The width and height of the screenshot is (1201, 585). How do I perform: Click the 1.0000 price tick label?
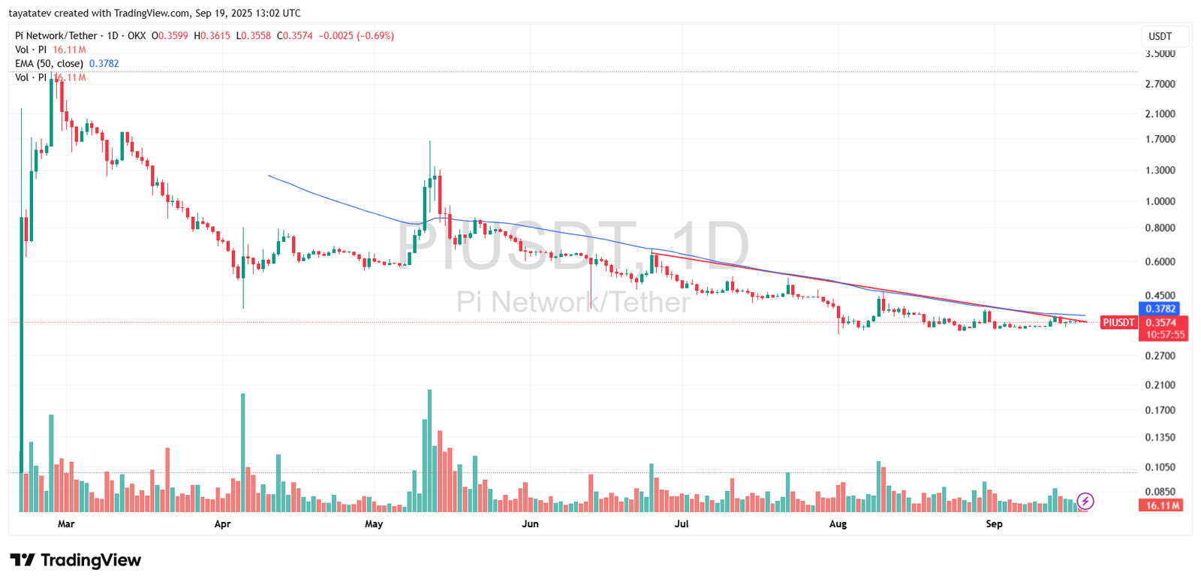coord(1160,201)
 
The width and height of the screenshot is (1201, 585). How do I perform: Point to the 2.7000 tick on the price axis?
coord(1160,84)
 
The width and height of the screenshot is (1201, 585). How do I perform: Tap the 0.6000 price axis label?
coord(1160,262)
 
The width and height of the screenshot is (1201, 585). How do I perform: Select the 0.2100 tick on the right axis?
coord(1160,385)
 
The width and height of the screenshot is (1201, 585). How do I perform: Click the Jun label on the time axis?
coord(530,524)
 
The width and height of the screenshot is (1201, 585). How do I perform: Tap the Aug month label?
coord(838,524)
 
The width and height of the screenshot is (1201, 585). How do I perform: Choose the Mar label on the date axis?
coord(66,524)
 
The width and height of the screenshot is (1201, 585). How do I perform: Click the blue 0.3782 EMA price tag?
coord(1160,309)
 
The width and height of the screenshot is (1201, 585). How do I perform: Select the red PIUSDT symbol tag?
coord(1118,323)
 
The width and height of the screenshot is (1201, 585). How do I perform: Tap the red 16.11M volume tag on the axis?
coord(1162,505)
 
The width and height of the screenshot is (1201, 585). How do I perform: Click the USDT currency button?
coord(1160,36)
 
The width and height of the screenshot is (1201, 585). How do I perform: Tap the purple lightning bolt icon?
coord(1085,501)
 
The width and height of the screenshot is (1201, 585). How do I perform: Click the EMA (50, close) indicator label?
coord(49,64)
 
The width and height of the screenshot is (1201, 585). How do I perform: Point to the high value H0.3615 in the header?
coord(212,35)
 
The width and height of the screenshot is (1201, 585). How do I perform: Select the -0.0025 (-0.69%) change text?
coord(356,35)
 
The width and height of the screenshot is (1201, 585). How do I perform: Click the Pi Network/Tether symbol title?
coord(56,35)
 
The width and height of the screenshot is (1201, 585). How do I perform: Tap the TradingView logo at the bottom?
coord(75,560)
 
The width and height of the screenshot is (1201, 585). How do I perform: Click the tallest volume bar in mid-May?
coord(429,451)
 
